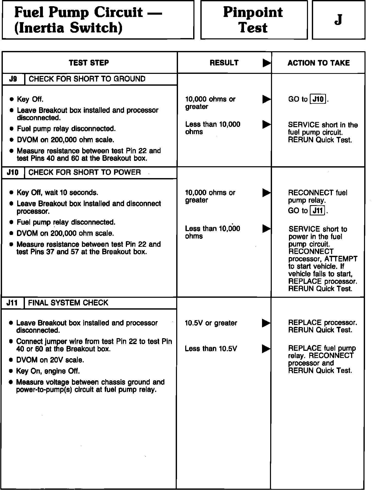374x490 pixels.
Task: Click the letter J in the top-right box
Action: coord(338,20)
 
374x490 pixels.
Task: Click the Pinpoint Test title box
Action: coord(254,20)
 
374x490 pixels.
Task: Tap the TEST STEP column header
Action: coord(89,63)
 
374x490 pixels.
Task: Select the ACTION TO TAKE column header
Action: coord(319,63)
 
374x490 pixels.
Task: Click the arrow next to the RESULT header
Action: coord(267,63)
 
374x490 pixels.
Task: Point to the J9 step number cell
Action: coord(13,79)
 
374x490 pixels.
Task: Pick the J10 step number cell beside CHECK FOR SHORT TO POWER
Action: coord(13,172)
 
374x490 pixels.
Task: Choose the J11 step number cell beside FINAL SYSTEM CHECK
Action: coord(12,303)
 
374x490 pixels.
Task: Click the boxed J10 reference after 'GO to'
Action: coord(318,99)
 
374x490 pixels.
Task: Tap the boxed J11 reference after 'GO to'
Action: coord(318,211)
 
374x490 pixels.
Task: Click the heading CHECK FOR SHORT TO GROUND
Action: coord(87,79)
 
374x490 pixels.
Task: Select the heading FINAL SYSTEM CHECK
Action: coord(68,303)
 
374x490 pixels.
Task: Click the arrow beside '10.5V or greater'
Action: coord(266,323)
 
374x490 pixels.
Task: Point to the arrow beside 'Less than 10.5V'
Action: coord(266,349)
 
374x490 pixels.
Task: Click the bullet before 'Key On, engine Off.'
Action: coord(11,371)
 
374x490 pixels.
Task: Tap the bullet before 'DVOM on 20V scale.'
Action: coord(11,360)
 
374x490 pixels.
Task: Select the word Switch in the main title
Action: coord(96,28)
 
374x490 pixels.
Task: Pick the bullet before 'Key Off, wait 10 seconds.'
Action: coord(11,192)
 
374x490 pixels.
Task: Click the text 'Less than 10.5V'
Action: coord(211,349)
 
